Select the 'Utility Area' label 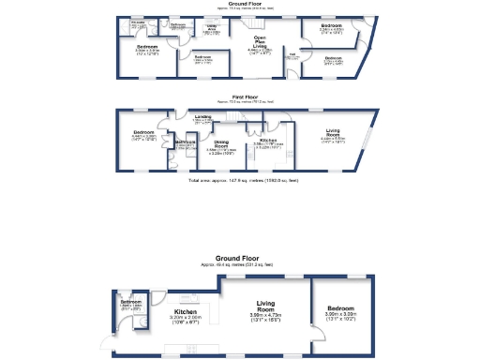coord(212,27)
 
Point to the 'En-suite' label coord(138,25)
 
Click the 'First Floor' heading coord(245,97)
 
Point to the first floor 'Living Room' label coord(333,131)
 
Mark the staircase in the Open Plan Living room coord(254,22)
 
